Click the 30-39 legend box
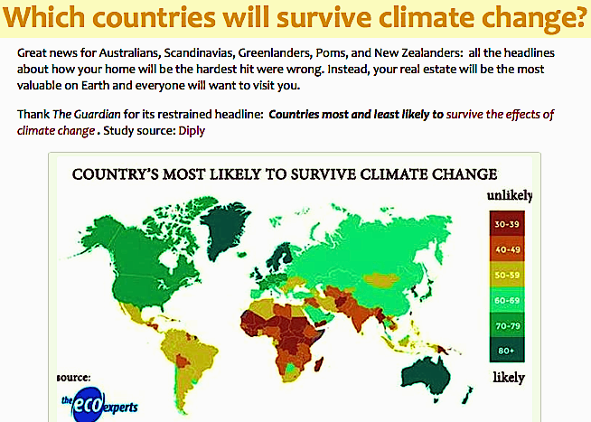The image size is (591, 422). [x=507, y=224]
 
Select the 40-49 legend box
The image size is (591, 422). [x=507, y=249]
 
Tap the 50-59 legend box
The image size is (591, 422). [x=507, y=275]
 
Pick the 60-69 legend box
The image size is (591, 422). [x=507, y=300]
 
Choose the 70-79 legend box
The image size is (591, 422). [x=507, y=325]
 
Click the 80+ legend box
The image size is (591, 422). [x=507, y=350]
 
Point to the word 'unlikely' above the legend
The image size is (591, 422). [x=509, y=195]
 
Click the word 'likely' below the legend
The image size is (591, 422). [x=509, y=377]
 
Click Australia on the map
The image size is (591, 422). [x=425, y=377]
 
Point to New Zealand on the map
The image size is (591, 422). [x=467, y=395]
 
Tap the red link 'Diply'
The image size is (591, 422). [x=192, y=131]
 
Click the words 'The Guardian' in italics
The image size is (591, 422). [x=87, y=114]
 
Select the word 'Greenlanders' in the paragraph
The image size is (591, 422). [x=275, y=52]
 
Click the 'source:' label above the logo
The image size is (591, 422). [x=73, y=377]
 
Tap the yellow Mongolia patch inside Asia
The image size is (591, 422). [x=381, y=280]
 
